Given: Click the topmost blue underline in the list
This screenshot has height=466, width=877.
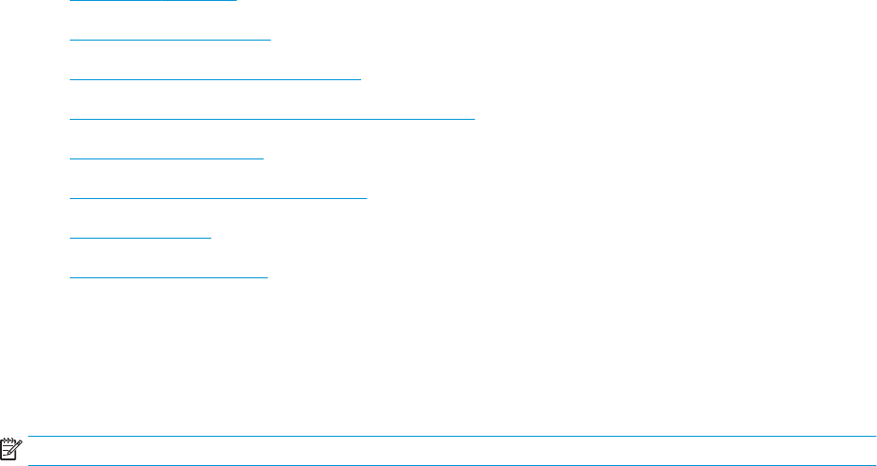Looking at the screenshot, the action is pyautogui.click(x=153, y=1).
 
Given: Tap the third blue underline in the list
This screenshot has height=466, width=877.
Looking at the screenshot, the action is pyautogui.click(x=215, y=79).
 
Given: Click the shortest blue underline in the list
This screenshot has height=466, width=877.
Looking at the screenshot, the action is pyautogui.click(x=141, y=238).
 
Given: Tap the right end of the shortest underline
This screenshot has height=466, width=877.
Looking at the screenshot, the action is pyautogui.click(x=211, y=238).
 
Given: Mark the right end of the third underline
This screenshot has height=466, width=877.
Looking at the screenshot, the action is pyautogui.click(x=360, y=79).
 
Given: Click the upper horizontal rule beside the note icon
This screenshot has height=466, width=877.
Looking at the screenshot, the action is pyautogui.click(x=453, y=436).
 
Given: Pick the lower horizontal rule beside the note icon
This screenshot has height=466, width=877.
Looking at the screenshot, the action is pyautogui.click(x=453, y=464).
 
